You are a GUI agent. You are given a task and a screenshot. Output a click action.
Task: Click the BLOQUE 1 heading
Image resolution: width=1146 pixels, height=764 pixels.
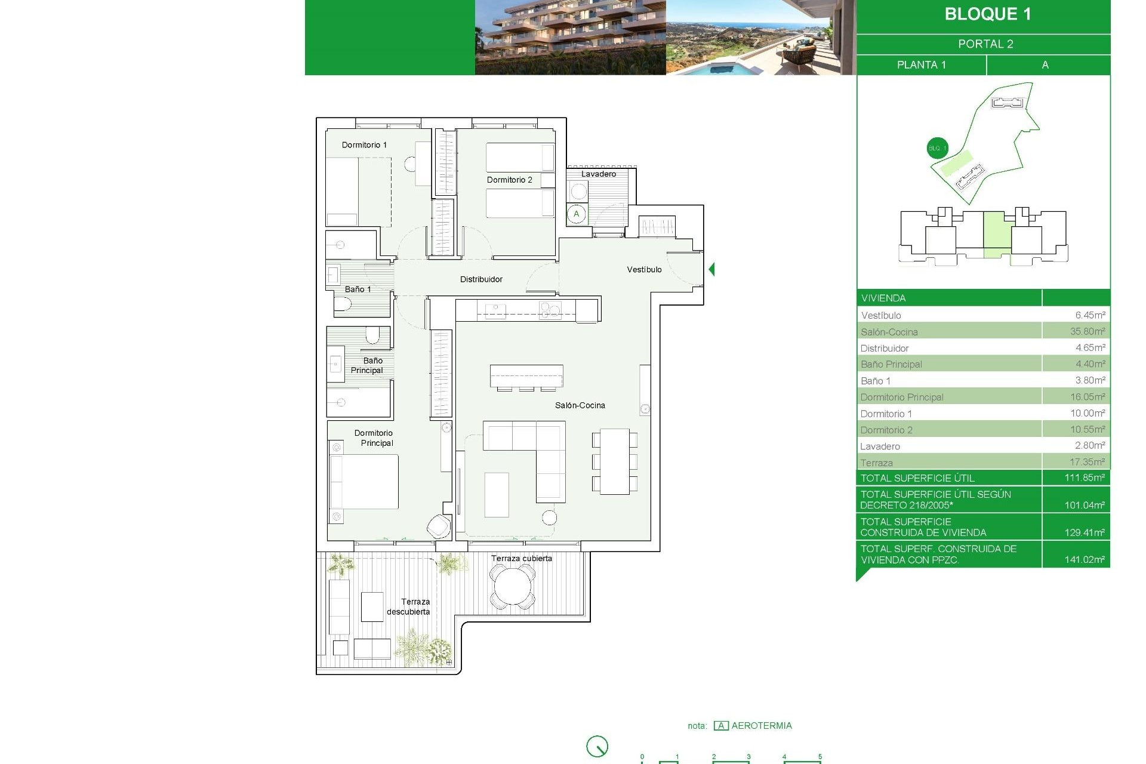coord(987,14)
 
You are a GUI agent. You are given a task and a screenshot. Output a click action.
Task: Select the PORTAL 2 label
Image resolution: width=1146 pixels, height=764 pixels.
coord(985,44)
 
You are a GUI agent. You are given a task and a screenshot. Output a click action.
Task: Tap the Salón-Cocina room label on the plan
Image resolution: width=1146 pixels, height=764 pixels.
coord(580,405)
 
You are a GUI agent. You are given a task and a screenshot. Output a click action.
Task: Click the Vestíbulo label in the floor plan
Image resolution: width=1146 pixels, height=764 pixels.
coord(644,270)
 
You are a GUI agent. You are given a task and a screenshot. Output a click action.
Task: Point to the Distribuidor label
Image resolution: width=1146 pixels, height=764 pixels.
coord(481,279)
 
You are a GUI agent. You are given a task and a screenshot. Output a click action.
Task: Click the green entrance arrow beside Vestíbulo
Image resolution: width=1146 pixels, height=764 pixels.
coord(711,269)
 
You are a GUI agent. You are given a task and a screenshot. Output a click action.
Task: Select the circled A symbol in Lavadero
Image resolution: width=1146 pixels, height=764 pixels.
coord(576,214)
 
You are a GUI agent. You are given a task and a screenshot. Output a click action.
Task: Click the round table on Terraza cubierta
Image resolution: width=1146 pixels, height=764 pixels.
coord(512,587)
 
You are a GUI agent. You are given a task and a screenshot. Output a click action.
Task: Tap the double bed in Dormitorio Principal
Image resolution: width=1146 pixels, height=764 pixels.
coord(364,482)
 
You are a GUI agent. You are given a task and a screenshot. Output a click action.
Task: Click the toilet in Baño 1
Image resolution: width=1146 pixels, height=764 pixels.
coord(342,305)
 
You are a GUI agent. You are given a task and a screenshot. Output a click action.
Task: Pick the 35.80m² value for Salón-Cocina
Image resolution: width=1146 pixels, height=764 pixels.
coord(1087,331)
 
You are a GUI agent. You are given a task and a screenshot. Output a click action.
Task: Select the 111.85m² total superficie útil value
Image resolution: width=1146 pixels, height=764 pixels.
coord(1084,478)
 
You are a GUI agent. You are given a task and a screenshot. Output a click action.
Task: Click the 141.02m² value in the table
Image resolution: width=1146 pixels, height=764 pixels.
coord(1084,560)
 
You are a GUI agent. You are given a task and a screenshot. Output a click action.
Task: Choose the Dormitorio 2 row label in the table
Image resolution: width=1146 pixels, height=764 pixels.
coord(886,430)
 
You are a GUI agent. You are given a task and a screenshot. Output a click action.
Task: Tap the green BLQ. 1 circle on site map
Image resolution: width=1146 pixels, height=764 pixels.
coord(936,148)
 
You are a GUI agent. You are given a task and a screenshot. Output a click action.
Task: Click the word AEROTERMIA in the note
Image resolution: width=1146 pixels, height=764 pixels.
coord(762,726)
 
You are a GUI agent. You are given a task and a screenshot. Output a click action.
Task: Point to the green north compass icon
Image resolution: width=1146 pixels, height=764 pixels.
coord(597,746)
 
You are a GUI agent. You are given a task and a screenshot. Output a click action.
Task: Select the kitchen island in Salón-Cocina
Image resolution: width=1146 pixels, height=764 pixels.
coord(526,376)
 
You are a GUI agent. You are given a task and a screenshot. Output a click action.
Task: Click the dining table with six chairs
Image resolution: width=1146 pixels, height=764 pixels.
coord(614,461)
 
